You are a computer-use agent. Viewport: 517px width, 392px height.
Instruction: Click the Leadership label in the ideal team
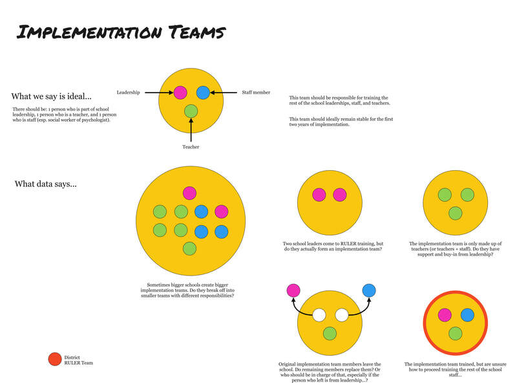[x=128, y=93]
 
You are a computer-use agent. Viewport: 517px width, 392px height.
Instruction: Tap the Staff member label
[x=256, y=93]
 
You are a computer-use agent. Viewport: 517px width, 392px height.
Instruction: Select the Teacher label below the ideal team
[x=191, y=147]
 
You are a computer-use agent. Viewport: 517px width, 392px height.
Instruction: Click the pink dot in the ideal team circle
[x=180, y=93]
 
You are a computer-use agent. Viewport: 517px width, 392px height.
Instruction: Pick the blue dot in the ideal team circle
[x=203, y=93]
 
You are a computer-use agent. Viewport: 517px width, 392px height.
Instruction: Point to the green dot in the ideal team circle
[x=191, y=111]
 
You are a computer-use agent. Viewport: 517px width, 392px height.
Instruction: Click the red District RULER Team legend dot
[x=55, y=359]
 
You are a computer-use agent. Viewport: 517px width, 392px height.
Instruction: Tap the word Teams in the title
[x=197, y=32]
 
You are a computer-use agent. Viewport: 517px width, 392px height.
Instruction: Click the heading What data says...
[x=45, y=184]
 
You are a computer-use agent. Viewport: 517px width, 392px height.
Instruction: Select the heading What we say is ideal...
[x=52, y=96]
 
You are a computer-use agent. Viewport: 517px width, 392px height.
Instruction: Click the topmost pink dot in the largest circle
[x=189, y=193]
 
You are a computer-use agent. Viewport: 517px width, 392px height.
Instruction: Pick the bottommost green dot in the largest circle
[x=189, y=248]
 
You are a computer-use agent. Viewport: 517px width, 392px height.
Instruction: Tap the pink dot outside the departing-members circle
[x=293, y=290]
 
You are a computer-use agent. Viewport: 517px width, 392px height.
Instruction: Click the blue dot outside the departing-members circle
[x=369, y=290]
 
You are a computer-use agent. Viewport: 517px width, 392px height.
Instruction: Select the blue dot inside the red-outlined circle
[x=467, y=315]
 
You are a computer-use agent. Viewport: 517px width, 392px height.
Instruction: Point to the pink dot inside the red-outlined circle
[x=445, y=315]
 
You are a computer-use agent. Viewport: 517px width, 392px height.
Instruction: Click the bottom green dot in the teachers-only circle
[x=456, y=213]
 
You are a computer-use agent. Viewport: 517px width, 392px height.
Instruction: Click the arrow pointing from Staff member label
[x=224, y=93]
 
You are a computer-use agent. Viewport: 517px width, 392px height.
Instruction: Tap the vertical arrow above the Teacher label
[x=191, y=130]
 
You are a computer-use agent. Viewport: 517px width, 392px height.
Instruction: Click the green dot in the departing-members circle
[x=330, y=334]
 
